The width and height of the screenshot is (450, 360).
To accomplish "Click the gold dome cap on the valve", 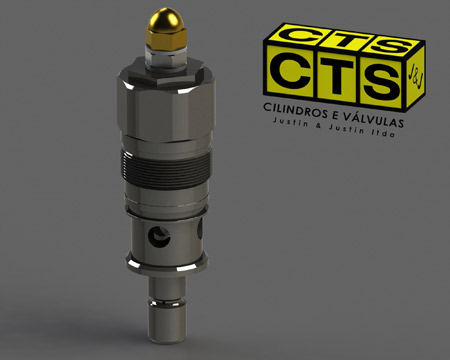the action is pos(166,18).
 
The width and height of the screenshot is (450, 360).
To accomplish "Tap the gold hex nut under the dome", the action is pos(166,38).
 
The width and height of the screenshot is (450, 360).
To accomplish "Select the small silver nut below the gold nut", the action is pos(166,57).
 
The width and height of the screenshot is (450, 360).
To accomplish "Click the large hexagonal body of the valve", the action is pos(166,100).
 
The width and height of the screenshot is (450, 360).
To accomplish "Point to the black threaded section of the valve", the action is pos(166,168).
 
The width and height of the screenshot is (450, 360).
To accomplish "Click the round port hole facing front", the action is pos(160,237).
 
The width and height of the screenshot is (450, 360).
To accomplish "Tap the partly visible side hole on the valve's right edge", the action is pos(200,229).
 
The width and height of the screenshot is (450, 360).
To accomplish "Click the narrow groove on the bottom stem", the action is pos(167,303).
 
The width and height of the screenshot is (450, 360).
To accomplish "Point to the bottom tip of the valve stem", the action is pos(167,341).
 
